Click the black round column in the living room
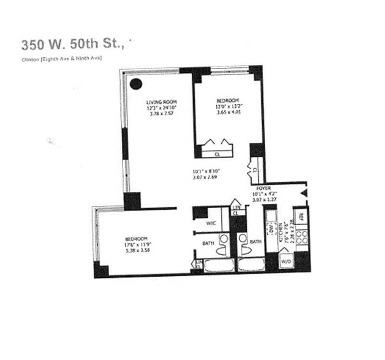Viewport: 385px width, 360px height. pyautogui.click(x=136, y=84)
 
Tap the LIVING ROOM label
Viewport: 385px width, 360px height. pyautogui.click(x=162, y=102)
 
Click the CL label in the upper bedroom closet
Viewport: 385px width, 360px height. pyautogui.click(x=217, y=154)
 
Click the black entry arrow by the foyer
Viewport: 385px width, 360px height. pyautogui.click(x=304, y=193)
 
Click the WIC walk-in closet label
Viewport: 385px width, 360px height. pyautogui.click(x=211, y=223)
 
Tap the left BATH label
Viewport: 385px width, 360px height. pyautogui.click(x=208, y=243)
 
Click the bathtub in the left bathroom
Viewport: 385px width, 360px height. pyautogui.click(x=219, y=265)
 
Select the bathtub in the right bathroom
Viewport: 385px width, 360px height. pyautogui.click(x=251, y=265)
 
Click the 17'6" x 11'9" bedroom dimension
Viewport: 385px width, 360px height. pyautogui.click(x=136, y=245)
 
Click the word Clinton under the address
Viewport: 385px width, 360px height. pyautogui.click(x=30, y=59)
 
